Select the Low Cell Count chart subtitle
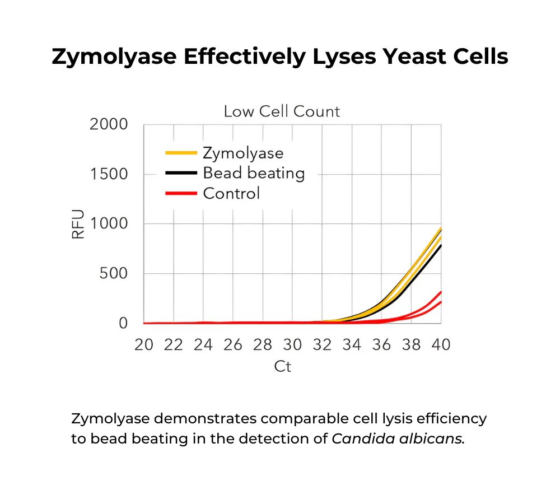pyautogui.click(x=282, y=111)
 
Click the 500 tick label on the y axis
pyautogui.click(x=115, y=274)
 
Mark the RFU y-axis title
pyautogui.click(x=78, y=224)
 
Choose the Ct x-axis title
pyautogui.click(x=283, y=367)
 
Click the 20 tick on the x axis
pyautogui.click(x=144, y=345)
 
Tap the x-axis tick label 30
pyautogui.click(x=292, y=345)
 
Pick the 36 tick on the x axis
pyautogui.click(x=381, y=345)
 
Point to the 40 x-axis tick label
pyautogui.click(x=441, y=345)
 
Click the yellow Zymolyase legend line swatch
pyautogui.click(x=181, y=152)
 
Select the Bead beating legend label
pyautogui.click(x=254, y=173)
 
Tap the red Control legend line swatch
pyautogui.click(x=181, y=193)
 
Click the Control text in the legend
pyautogui.click(x=231, y=194)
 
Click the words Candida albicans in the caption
pyautogui.click(x=398, y=438)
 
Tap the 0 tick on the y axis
pyautogui.click(x=123, y=323)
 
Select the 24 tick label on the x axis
pyautogui.click(x=203, y=345)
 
